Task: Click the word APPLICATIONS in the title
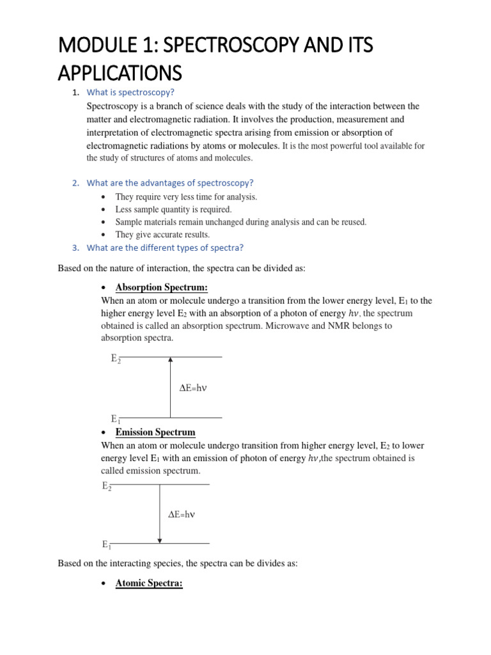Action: pyautogui.click(x=120, y=72)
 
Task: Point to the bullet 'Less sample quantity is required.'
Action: pyautogui.click(x=173, y=209)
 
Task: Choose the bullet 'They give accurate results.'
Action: pyautogui.click(x=162, y=235)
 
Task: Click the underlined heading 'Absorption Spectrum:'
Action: pyautogui.click(x=162, y=287)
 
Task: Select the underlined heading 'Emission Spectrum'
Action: pyautogui.click(x=155, y=432)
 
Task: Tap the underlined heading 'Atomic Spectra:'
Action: pyautogui.click(x=149, y=583)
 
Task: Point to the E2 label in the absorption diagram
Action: pyautogui.click(x=116, y=359)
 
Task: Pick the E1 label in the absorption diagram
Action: pyautogui.click(x=116, y=420)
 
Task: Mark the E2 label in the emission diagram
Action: pyautogui.click(x=107, y=486)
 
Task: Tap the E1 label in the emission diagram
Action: pyautogui.click(x=107, y=545)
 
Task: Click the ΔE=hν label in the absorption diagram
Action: pyautogui.click(x=193, y=388)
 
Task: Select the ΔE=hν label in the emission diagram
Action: pyautogui.click(x=181, y=514)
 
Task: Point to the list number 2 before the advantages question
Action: pyautogui.click(x=75, y=183)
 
